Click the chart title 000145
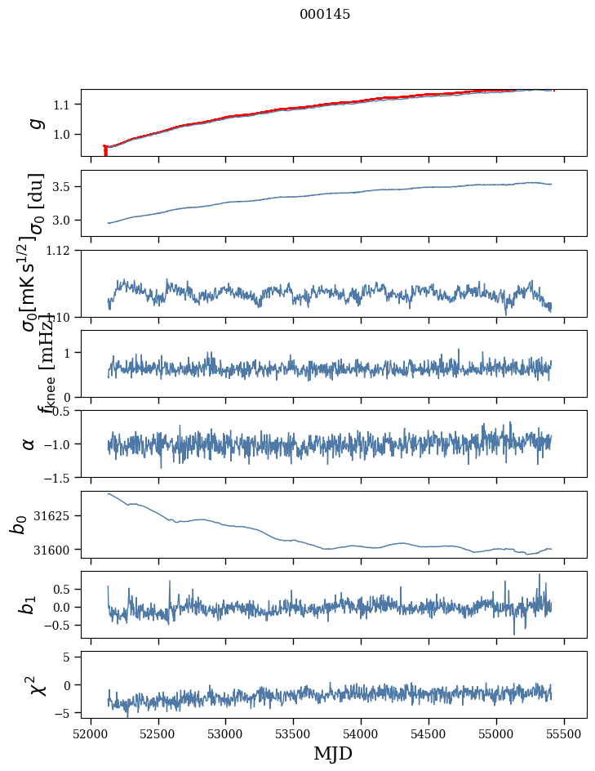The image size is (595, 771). click(325, 15)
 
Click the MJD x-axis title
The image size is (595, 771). click(333, 753)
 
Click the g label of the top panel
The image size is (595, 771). click(35, 123)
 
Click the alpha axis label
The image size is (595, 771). click(29, 443)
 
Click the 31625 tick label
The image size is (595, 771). click(57, 516)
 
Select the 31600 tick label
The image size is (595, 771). click(57, 550)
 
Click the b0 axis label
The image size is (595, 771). click(18, 524)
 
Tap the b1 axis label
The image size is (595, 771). click(28, 604)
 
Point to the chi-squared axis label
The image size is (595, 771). click(36, 684)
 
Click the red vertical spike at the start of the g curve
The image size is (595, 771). click(105, 150)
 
